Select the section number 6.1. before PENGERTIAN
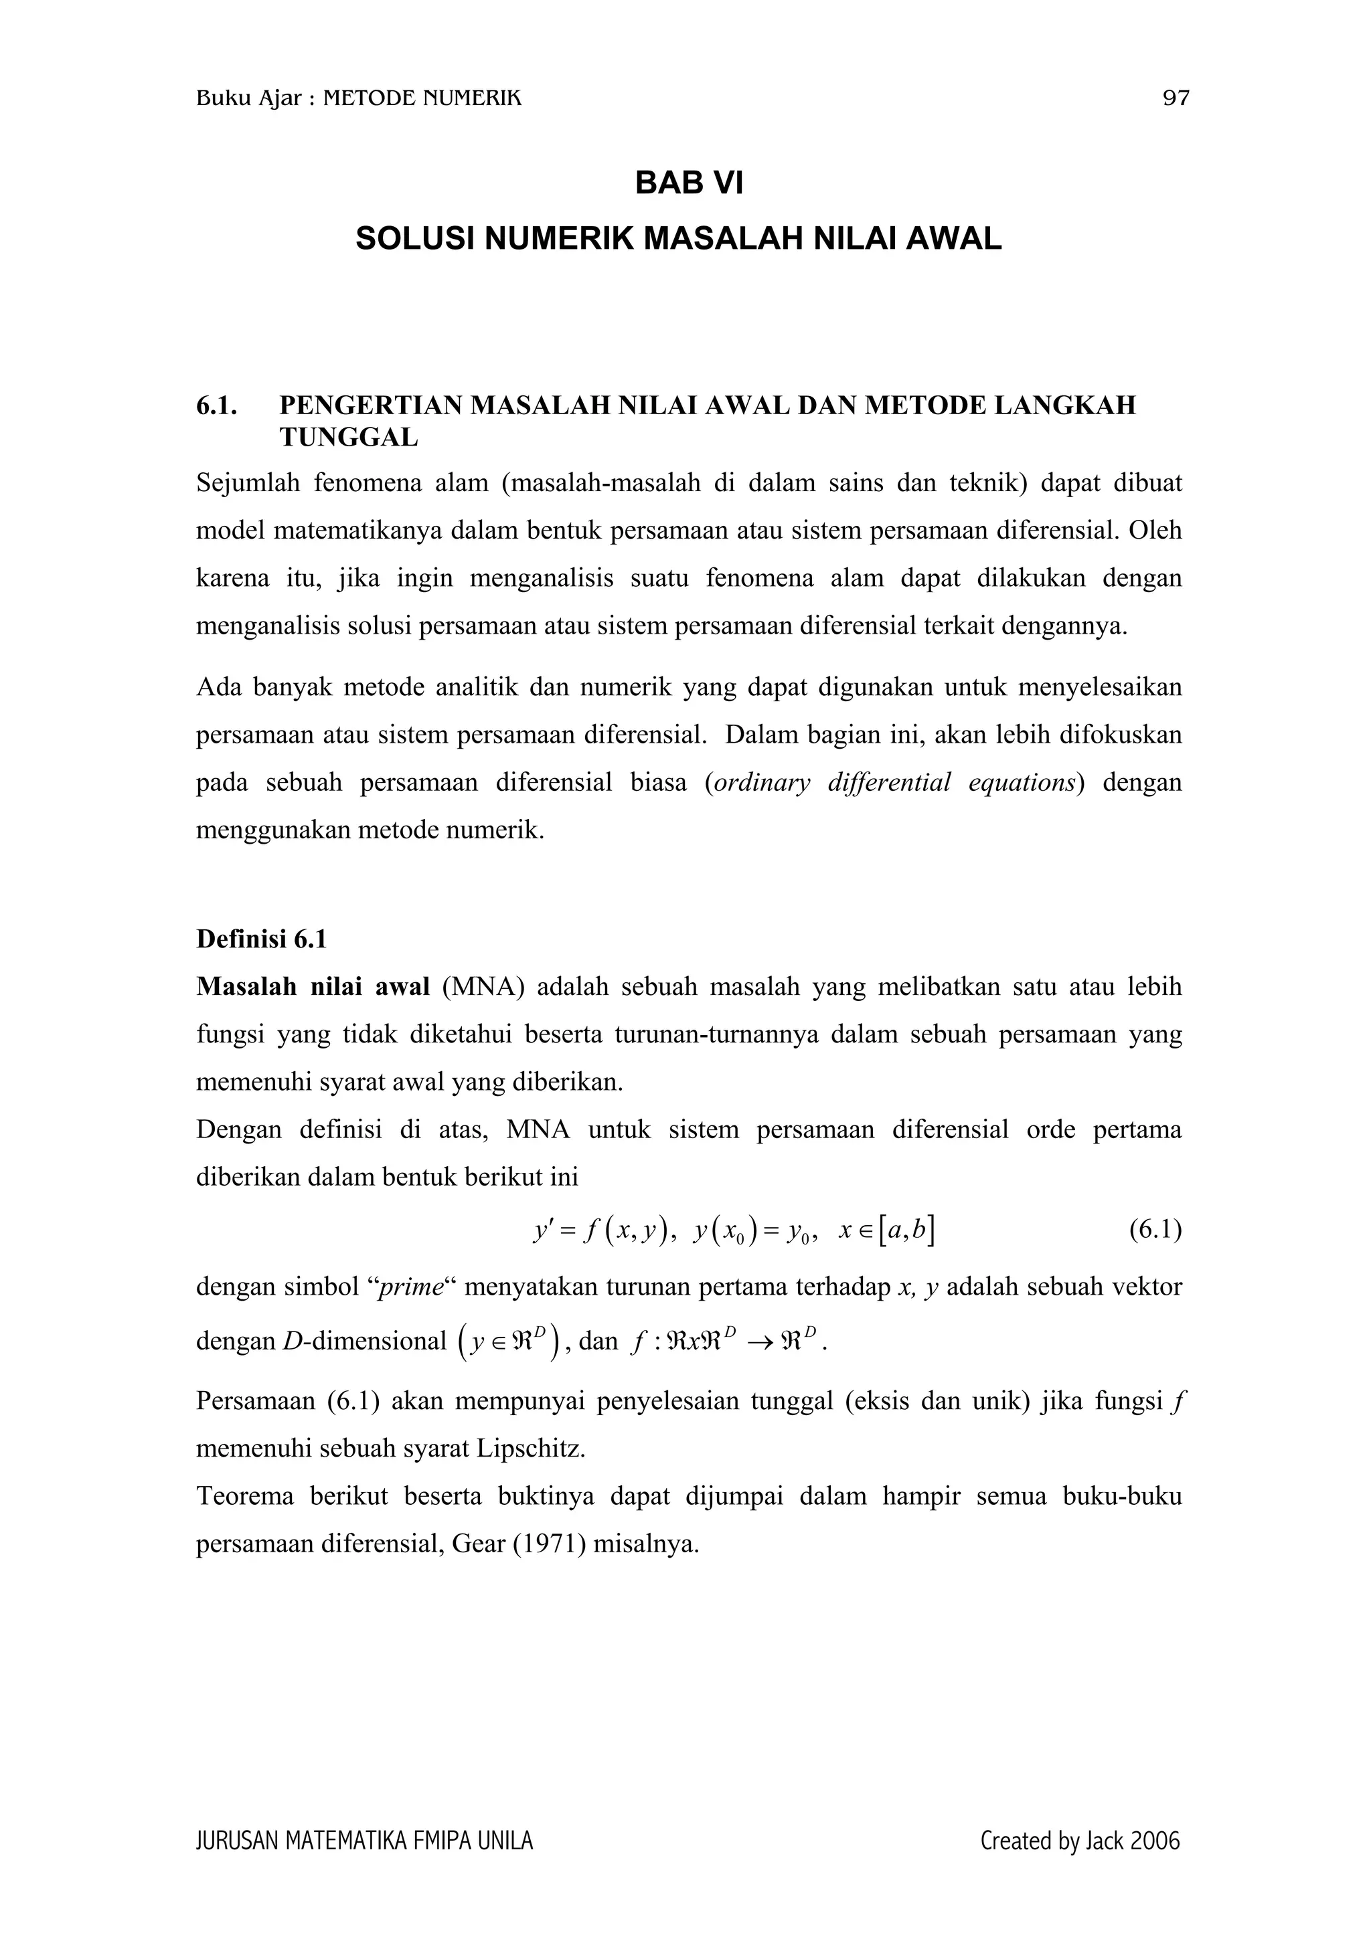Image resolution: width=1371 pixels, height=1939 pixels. point(216,405)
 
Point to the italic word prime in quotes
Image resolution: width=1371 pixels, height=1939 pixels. point(412,1287)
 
